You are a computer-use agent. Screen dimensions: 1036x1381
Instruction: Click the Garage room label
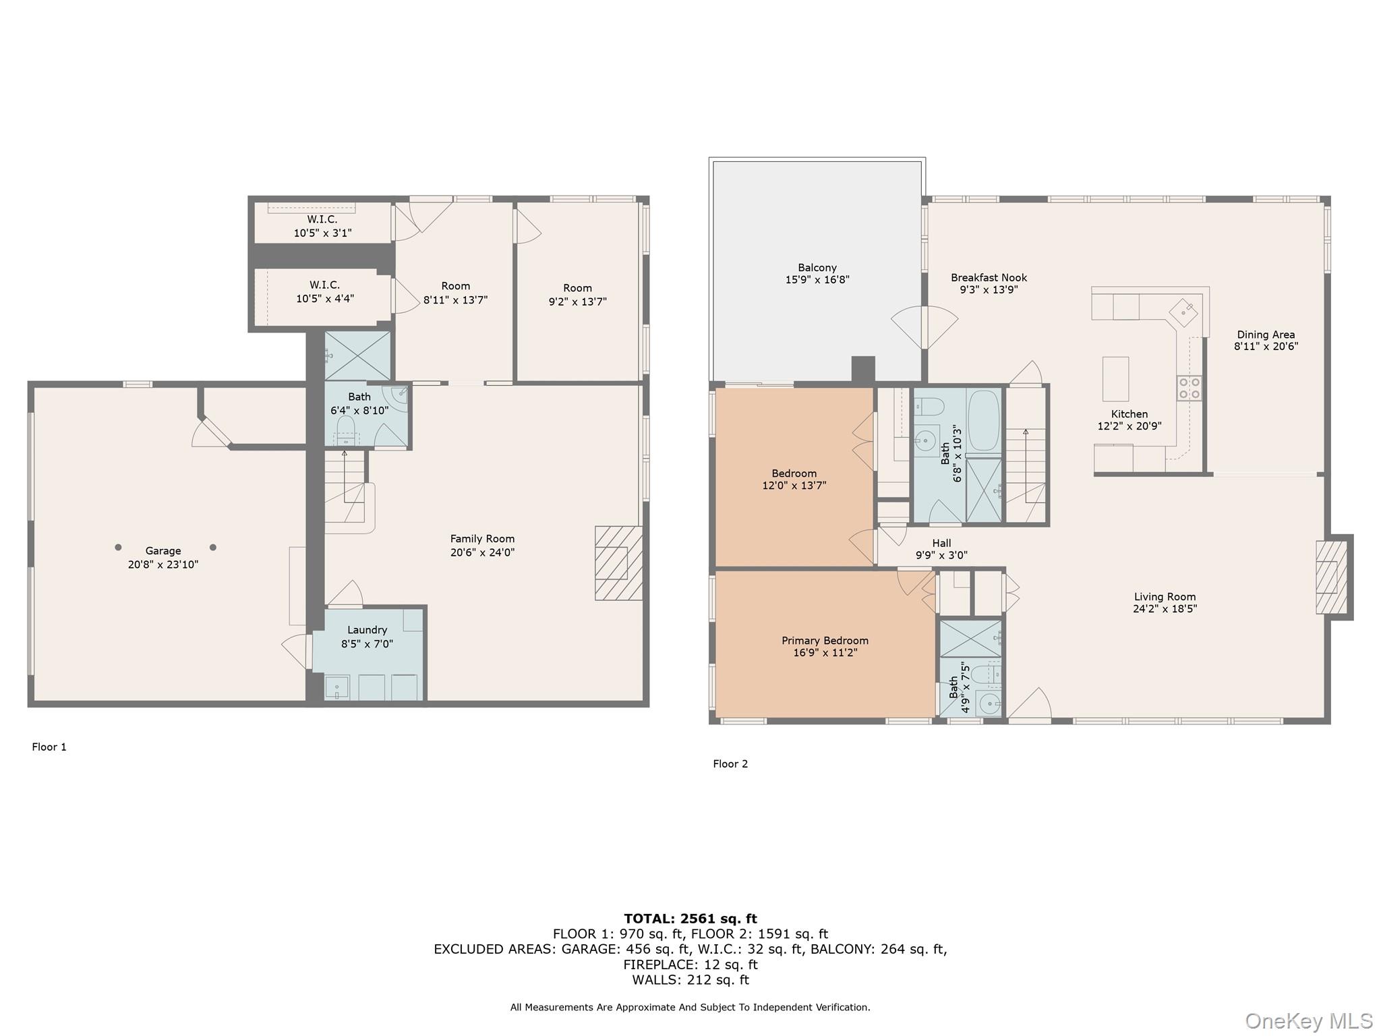point(163,550)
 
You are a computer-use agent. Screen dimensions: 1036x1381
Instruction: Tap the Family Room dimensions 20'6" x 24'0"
point(482,552)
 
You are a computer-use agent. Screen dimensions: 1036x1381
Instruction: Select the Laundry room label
point(367,630)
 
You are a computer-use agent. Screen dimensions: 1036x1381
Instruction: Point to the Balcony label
point(817,268)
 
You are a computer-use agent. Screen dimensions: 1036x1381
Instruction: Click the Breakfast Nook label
point(989,277)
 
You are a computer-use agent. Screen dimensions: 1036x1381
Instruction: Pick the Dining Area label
point(1266,335)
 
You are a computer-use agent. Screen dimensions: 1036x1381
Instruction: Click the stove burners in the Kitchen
point(1189,388)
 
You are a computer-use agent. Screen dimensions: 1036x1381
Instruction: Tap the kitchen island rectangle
point(1115,379)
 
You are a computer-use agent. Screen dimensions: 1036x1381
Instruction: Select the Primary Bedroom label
point(825,641)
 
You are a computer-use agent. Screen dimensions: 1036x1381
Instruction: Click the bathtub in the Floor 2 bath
point(983,420)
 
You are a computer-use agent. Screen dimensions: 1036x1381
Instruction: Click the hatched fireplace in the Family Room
point(617,563)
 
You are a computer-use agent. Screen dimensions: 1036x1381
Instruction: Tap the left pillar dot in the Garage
point(118,547)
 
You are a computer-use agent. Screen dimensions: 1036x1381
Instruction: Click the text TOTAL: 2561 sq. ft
point(690,919)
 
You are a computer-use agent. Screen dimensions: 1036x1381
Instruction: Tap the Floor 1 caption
point(49,747)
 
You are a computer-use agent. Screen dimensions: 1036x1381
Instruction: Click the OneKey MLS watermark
point(1308,1021)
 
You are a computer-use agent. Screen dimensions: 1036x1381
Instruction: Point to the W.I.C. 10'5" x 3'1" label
point(322,226)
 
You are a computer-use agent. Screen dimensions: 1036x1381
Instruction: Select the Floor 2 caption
point(730,764)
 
